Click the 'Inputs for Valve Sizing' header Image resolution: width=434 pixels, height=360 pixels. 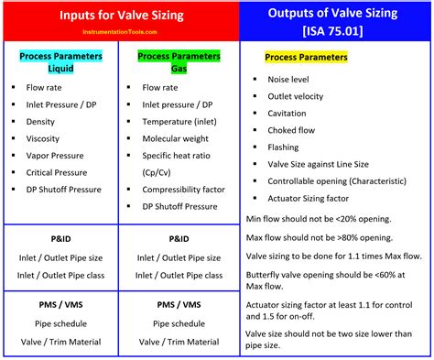[120, 16]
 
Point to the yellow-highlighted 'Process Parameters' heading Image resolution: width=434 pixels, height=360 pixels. [306, 58]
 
